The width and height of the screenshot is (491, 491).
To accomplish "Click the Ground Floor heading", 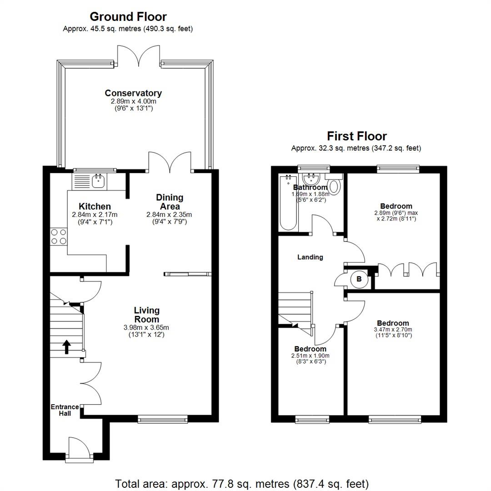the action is pyautogui.click(x=128, y=17).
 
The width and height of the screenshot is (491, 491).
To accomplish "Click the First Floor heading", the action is pyautogui.click(x=357, y=136).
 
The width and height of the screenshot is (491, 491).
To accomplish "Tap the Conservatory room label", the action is pyautogui.click(x=133, y=93).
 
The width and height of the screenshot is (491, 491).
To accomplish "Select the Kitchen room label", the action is pyautogui.click(x=95, y=206).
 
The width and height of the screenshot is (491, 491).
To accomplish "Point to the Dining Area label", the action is pyautogui.click(x=170, y=202).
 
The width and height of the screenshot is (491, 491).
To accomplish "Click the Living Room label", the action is pyautogui.click(x=146, y=315).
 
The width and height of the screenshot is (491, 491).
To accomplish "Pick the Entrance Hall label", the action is pyautogui.click(x=65, y=410).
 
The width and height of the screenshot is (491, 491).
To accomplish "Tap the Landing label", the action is pyautogui.click(x=310, y=257).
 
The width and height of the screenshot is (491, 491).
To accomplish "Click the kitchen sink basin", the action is pyautogui.click(x=98, y=181).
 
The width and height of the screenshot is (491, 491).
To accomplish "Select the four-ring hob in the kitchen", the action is pyautogui.click(x=59, y=237).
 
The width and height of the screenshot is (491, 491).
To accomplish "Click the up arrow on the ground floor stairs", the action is pyautogui.click(x=66, y=347).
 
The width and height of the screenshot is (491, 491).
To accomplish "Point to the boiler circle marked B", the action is pyautogui.click(x=359, y=279).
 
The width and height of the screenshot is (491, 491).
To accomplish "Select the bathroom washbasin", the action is pyautogui.click(x=311, y=180).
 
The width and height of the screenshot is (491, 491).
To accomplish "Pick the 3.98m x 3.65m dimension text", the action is pyautogui.click(x=146, y=327).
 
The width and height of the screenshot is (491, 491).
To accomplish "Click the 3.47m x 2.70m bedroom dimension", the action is pyautogui.click(x=393, y=330).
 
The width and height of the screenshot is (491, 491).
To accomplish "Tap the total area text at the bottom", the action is pyautogui.click(x=242, y=484).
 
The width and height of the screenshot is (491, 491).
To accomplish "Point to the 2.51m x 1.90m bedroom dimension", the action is pyautogui.click(x=311, y=356).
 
